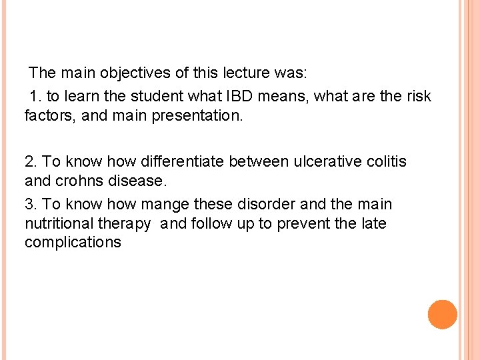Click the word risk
pyautogui.click(x=417, y=96)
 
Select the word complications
pyautogui.click(x=73, y=242)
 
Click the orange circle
pyautogui.click(x=443, y=314)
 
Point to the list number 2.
pyautogui.click(x=31, y=161)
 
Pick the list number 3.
pyautogui.click(x=31, y=204)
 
